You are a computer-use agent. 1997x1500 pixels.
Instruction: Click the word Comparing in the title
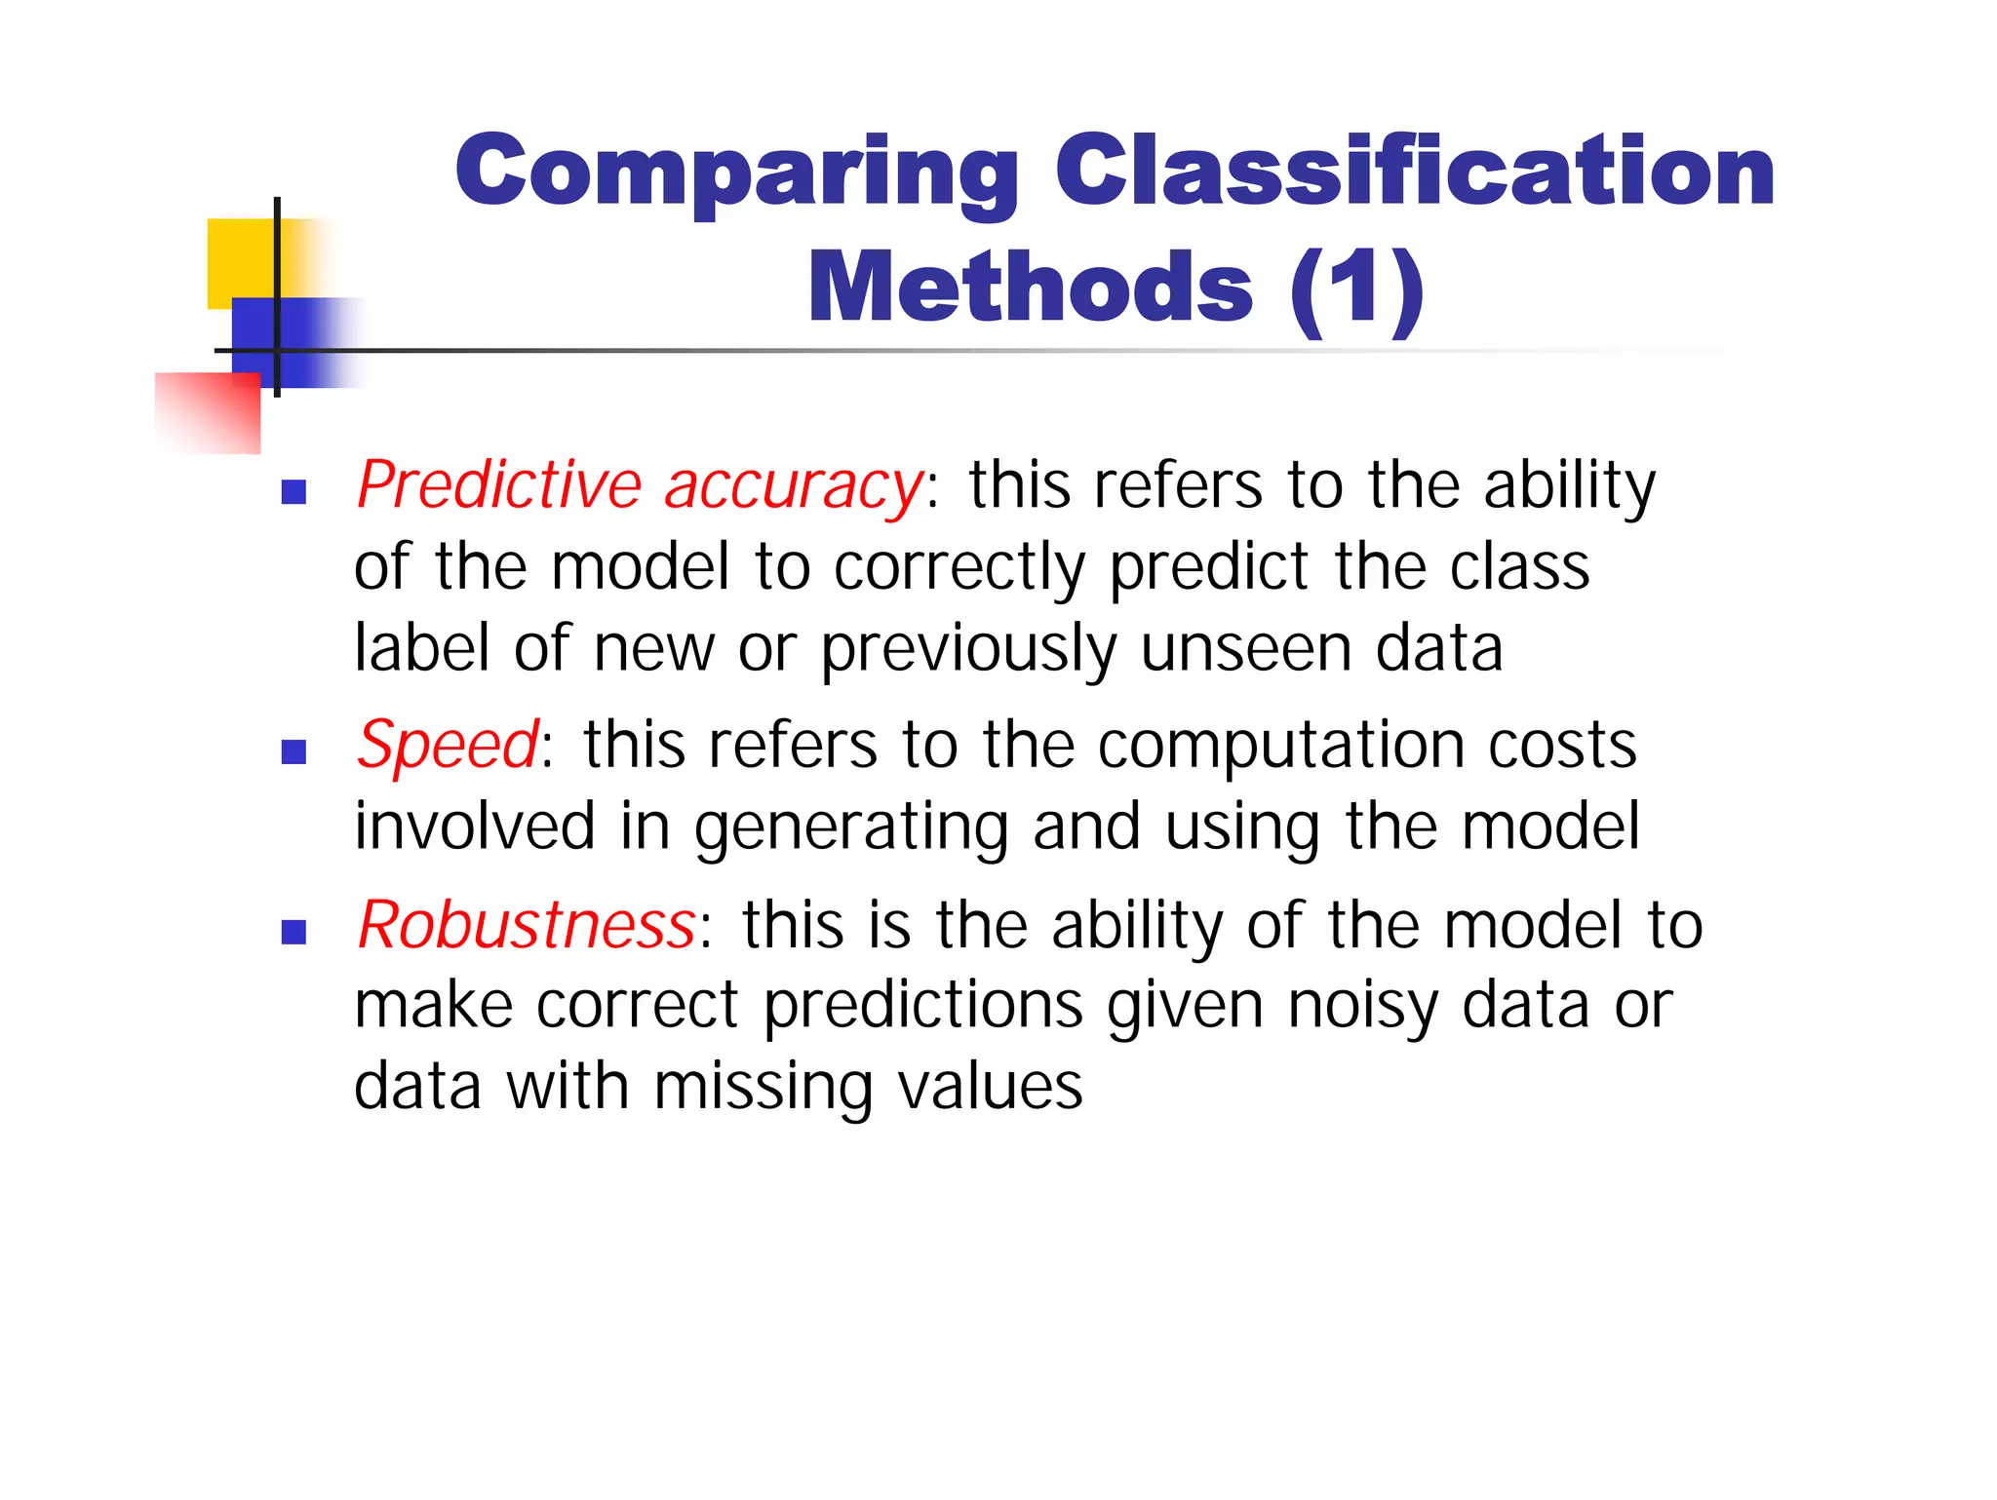pyautogui.click(x=736, y=173)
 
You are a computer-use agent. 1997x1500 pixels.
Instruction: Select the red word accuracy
pyautogui.click(x=794, y=487)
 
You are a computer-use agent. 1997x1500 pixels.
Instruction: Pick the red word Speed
pyautogui.click(x=447, y=746)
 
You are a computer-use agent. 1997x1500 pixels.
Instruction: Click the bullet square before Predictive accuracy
pyautogui.click(x=294, y=492)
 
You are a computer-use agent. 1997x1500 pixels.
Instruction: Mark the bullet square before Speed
pyautogui.click(x=294, y=751)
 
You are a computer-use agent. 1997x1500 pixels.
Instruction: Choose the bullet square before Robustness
pyautogui.click(x=294, y=933)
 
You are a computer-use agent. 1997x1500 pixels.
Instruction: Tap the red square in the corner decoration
pyautogui.click(x=209, y=413)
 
